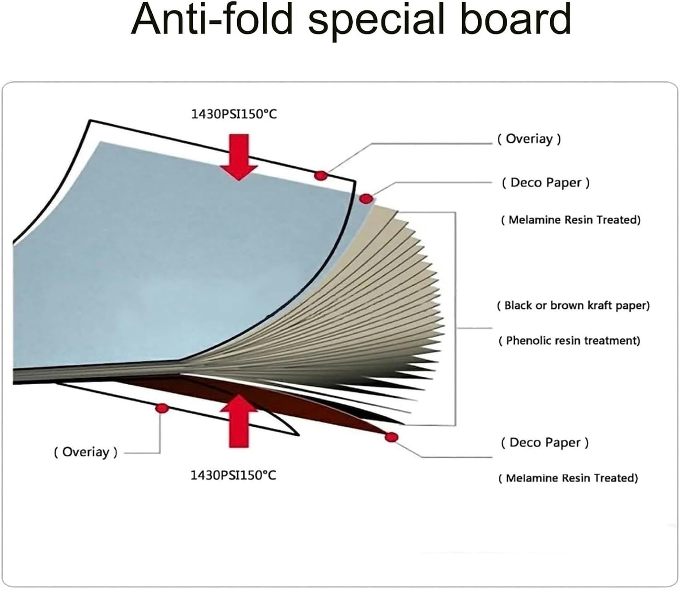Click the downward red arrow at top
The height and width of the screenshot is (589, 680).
(239, 157)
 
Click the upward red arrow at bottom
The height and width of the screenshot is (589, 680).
(239, 421)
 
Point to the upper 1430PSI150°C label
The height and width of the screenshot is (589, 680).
(234, 114)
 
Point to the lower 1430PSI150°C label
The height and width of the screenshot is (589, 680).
(233, 475)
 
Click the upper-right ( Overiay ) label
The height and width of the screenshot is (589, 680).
(529, 139)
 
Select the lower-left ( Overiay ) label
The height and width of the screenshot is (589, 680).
(85, 452)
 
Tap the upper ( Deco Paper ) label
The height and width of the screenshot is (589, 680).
(546, 182)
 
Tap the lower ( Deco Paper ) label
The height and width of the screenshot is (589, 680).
(545, 442)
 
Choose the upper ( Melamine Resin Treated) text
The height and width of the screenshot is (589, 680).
(571, 220)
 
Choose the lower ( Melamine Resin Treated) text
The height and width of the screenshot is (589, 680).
(568, 478)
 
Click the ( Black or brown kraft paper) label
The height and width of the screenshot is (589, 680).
(573, 305)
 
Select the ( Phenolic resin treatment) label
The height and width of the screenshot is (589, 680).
(569, 340)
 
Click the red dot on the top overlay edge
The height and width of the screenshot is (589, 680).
(321, 175)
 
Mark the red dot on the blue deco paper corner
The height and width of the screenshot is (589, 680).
(366, 199)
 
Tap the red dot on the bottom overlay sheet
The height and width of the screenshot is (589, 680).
(162, 409)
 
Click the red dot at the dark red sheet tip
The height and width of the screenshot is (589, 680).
(391, 437)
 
